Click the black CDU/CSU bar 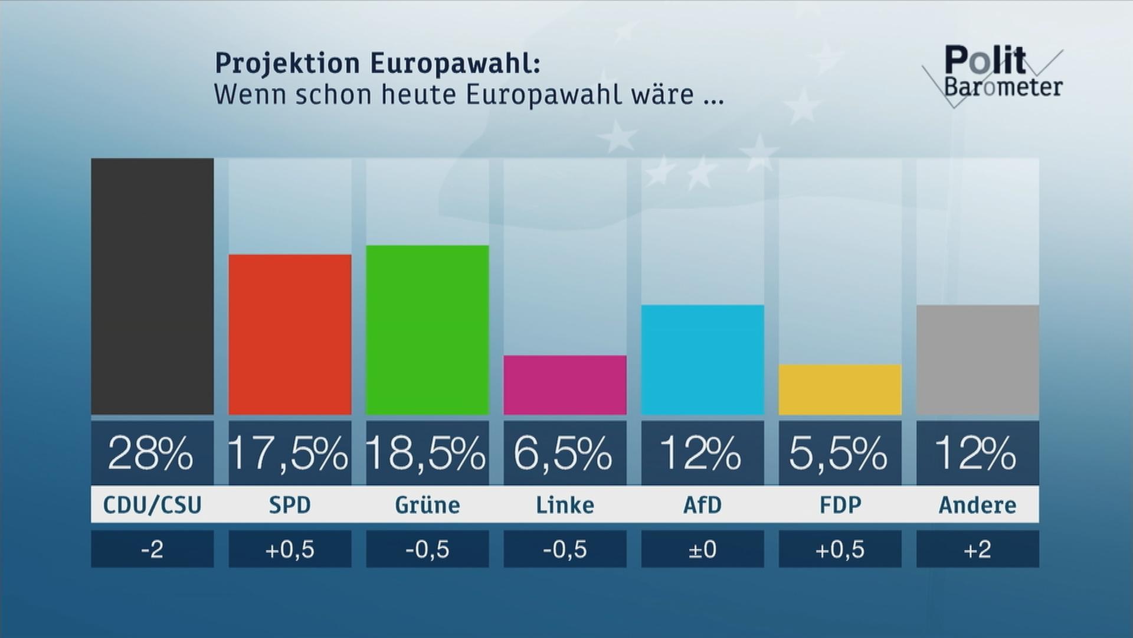(152, 287)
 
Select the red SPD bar (290, 334)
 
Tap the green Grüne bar (427, 330)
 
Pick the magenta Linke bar (565, 385)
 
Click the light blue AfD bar (702, 360)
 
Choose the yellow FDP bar (840, 389)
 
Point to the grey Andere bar (977, 360)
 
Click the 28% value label (150, 454)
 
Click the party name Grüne (427, 505)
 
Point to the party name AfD (702, 505)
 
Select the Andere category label (977, 505)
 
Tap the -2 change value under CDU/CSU (152, 549)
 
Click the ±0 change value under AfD (702, 549)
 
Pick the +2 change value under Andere (977, 549)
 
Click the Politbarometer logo (993, 74)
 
